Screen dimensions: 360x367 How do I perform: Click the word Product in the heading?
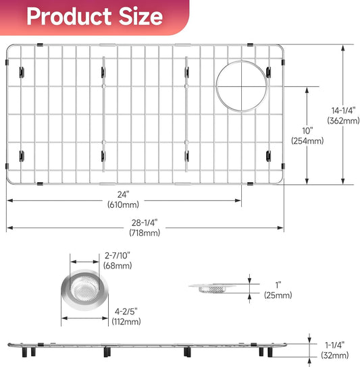point(69,16)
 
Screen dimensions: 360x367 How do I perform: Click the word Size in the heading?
point(141,16)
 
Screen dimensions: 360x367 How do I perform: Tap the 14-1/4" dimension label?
point(343,111)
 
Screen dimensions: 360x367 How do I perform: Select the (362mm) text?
point(343,121)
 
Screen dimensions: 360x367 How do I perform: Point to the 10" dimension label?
point(307,131)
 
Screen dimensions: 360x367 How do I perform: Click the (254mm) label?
point(307,141)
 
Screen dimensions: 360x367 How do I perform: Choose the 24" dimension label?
point(124,194)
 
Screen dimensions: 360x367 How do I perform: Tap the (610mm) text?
point(124,204)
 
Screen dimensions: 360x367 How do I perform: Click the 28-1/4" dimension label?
point(145,223)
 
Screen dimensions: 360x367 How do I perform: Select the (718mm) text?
point(145,233)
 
